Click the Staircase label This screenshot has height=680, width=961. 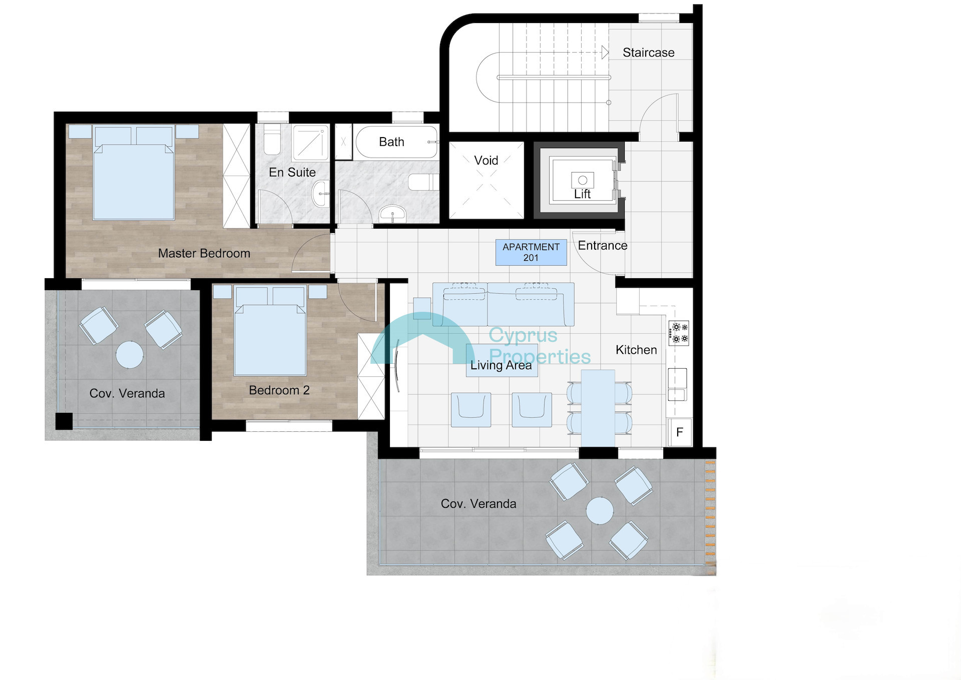(x=648, y=53)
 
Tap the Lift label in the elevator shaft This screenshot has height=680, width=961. (x=582, y=194)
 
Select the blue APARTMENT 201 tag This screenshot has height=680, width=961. (x=531, y=252)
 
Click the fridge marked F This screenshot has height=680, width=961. (x=680, y=432)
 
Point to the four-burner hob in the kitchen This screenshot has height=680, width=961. (x=679, y=333)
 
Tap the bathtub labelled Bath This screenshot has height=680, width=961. (x=396, y=142)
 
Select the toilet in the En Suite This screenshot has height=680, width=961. (x=272, y=140)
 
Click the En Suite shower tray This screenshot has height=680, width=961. (x=310, y=143)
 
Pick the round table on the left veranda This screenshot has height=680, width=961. (x=130, y=354)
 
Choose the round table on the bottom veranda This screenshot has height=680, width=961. (x=600, y=511)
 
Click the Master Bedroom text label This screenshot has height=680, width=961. (x=204, y=253)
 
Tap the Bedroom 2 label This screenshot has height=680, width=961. (x=279, y=390)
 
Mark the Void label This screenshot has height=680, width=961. (x=486, y=161)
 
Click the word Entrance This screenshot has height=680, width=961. (x=603, y=246)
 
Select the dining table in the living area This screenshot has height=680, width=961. (x=598, y=408)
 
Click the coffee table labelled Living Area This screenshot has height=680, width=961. (x=502, y=360)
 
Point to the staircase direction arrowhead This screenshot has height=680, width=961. (x=605, y=52)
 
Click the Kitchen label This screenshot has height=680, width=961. (x=636, y=350)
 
